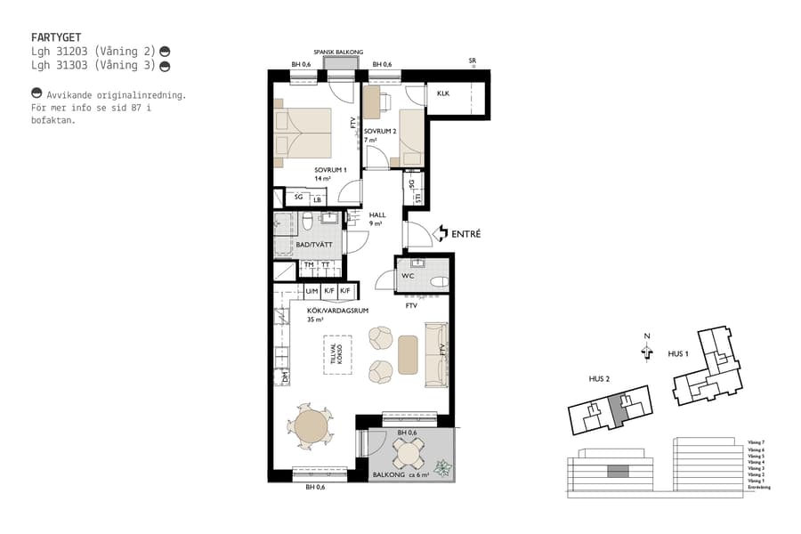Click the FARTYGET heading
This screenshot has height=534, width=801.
click(56, 38)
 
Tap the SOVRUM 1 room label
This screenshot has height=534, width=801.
click(329, 170)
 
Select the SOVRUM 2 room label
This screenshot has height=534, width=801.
click(379, 131)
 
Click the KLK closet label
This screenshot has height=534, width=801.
click(442, 93)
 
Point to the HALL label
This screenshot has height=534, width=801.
click(376, 215)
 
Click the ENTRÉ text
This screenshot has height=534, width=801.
click(466, 234)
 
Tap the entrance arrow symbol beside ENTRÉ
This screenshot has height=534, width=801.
click(440, 234)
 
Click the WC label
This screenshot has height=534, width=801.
click(408, 276)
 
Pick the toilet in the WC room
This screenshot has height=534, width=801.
click(436, 281)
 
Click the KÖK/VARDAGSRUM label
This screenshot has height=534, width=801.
click(337, 311)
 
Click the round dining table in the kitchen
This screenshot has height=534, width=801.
click(311, 427)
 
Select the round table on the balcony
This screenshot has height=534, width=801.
click(409, 452)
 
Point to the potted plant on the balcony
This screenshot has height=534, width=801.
click(441, 466)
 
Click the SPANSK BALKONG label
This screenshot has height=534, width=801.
click(338, 53)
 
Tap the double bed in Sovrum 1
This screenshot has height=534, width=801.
click(303, 134)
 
